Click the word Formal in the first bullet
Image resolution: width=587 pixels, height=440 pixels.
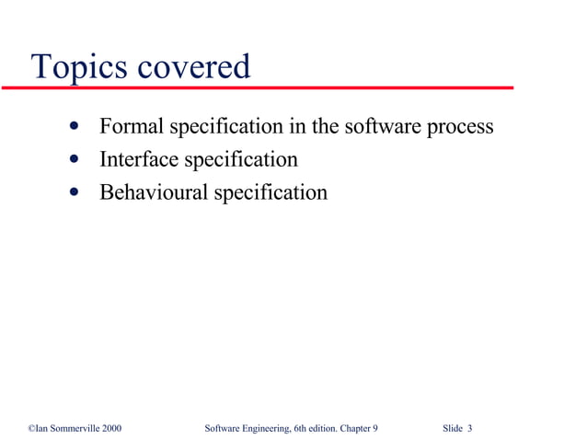coord(129,126)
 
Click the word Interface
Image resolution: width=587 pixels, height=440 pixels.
coord(140,160)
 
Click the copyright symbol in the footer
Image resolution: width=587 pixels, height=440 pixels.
coord(31,429)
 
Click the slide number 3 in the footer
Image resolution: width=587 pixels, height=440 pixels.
coord(470,429)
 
